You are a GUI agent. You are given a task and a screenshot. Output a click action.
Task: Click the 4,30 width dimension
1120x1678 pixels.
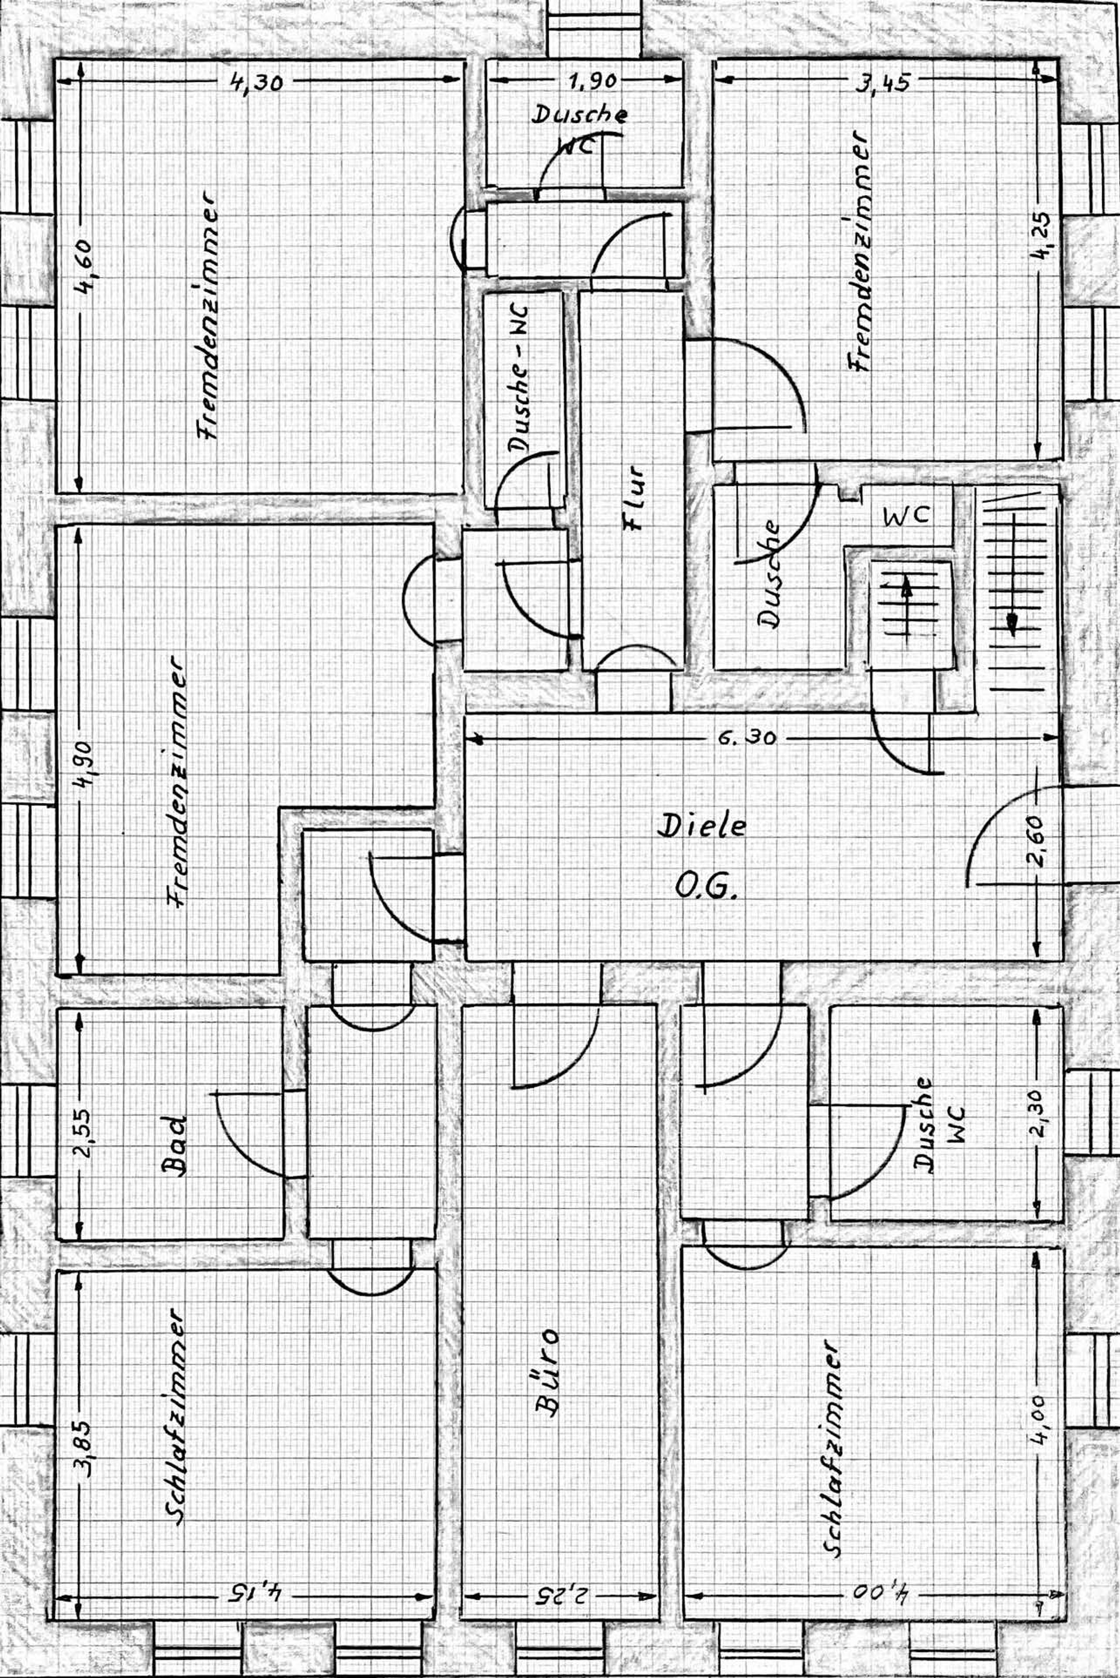point(256,83)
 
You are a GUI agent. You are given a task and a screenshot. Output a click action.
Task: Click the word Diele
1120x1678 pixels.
point(701,826)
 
